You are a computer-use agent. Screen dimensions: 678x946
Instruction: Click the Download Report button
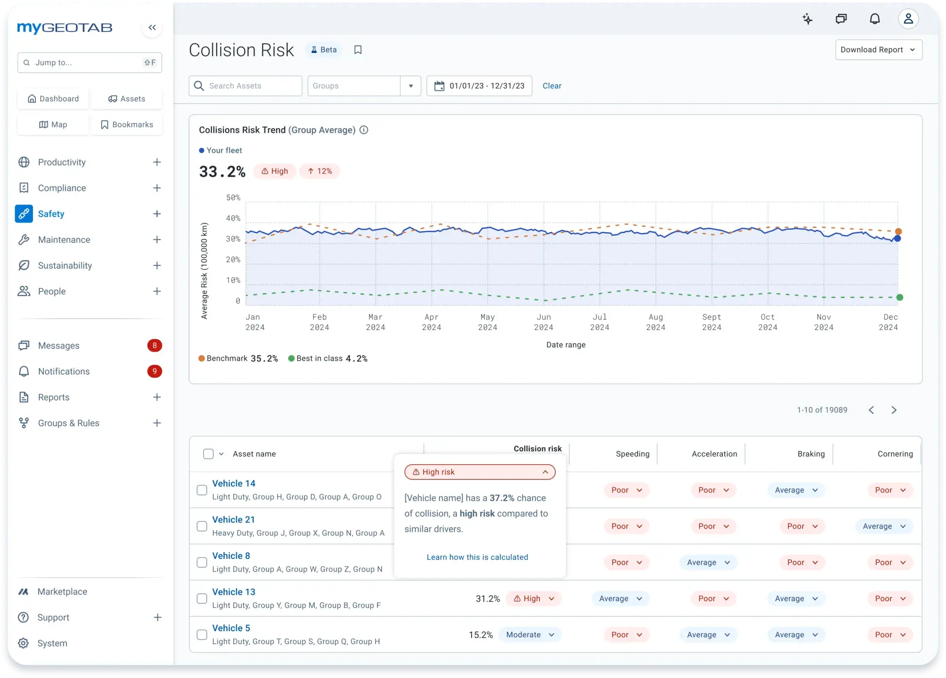click(x=878, y=50)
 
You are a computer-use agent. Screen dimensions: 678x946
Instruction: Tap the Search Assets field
click(x=246, y=86)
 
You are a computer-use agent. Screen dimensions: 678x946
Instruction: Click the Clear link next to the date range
click(x=552, y=86)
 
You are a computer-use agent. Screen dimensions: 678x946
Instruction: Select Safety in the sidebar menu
click(x=51, y=214)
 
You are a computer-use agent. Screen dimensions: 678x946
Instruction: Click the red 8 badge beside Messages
click(x=154, y=346)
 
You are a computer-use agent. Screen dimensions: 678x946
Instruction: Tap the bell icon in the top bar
click(x=875, y=19)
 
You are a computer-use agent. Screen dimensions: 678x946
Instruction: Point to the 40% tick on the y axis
click(x=233, y=218)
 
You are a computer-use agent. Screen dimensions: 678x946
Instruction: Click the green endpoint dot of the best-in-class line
click(x=900, y=297)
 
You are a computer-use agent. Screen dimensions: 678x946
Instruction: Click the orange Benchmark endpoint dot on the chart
click(x=898, y=232)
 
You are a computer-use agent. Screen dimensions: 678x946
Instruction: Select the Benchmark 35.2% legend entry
click(x=238, y=358)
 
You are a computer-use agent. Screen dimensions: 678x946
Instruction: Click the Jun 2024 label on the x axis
click(x=543, y=322)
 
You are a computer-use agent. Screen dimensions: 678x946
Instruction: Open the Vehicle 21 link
click(x=234, y=520)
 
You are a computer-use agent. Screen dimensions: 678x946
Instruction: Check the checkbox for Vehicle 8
click(x=202, y=563)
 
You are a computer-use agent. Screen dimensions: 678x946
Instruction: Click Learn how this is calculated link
click(x=477, y=557)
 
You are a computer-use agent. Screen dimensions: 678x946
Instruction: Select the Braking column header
click(x=811, y=454)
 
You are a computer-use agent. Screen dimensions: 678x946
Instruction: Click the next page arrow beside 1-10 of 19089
click(x=893, y=410)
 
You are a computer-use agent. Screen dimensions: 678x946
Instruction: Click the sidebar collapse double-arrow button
click(x=152, y=27)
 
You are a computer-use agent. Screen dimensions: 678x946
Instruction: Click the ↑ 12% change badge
click(x=320, y=171)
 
